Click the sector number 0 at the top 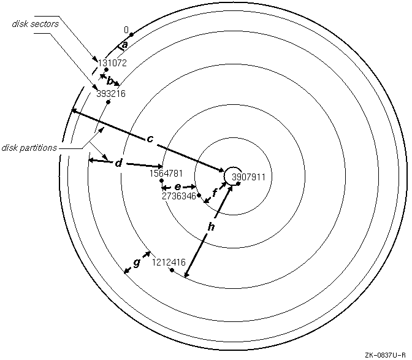coord(126,29)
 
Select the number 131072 coord(112,63)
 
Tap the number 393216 coord(111,94)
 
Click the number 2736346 coord(178,196)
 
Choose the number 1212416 coord(169,262)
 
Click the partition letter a coord(125,44)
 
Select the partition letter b coord(110,80)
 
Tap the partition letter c coord(150,139)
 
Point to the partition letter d coord(119,163)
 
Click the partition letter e coord(178,186)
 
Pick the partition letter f coord(214,193)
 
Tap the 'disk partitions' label coord(29,147)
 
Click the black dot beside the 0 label coord(132,34)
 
